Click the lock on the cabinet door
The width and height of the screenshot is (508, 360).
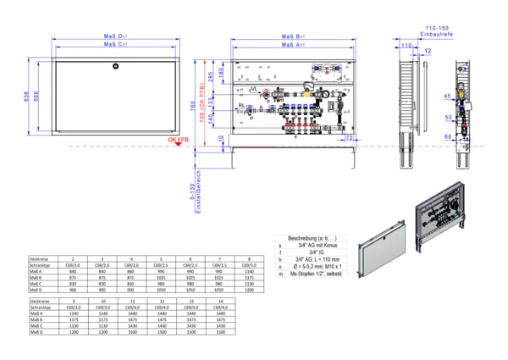pyautogui.click(x=118, y=64)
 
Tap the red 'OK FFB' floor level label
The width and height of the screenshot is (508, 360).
pyautogui.click(x=178, y=139)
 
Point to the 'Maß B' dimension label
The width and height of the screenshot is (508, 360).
pyautogui.click(x=293, y=36)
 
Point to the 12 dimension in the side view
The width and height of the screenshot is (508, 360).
pyautogui.click(x=428, y=53)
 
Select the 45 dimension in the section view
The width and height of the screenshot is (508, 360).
pyautogui.click(x=446, y=96)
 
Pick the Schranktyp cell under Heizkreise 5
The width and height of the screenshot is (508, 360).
pyautogui.click(x=161, y=265)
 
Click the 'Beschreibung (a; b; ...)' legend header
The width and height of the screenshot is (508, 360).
pyautogui.click(x=314, y=238)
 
